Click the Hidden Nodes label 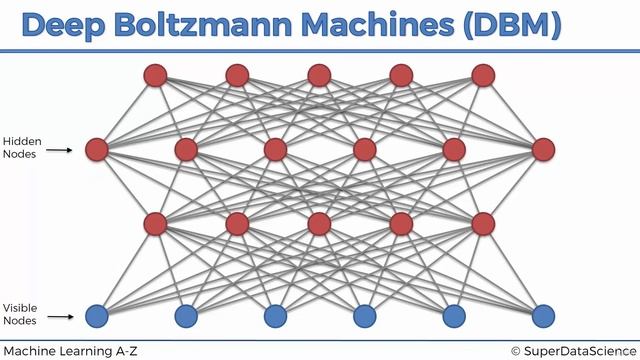coord(20,148)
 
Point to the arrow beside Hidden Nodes coord(62,150)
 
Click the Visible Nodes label coord(20,314)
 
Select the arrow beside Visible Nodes coord(62,317)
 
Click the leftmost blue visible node coord(97,317)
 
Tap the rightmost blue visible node coord(543,317)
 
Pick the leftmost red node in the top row coord(155,75)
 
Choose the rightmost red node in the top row coord(484,75)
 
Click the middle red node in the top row coord(319,75)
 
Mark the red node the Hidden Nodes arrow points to coord(97,150)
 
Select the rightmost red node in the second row coord(543,150)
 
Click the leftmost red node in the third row coord(155,223)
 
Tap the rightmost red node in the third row coord(484,223)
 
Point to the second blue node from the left coord(186,317)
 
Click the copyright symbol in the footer coord(516,350)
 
